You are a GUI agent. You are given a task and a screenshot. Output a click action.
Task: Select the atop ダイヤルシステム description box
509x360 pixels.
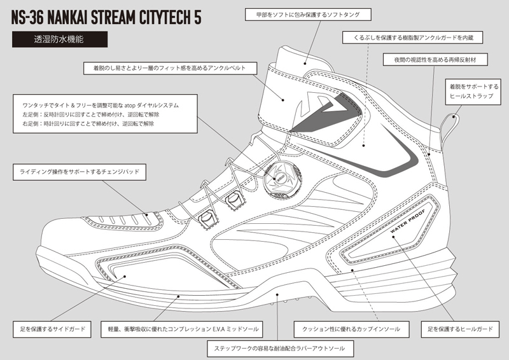(x=101, y=113)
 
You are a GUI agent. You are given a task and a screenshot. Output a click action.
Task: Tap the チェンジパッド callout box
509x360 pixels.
(x=80, y=172)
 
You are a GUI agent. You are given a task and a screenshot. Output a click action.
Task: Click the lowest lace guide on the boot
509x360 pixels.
(x=206, y=219)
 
